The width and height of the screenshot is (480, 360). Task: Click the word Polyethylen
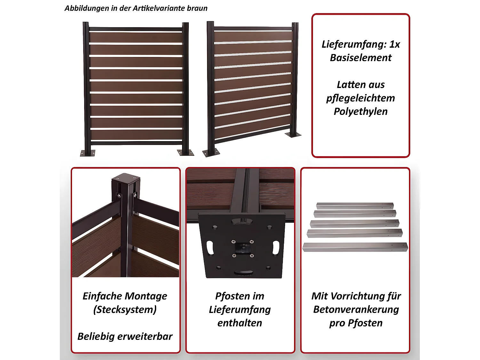pos(361,111)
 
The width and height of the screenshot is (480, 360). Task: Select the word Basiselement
pos(361,58)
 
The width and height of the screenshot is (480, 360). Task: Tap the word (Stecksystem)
pos(125,309)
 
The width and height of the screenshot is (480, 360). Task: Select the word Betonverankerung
pos(356,309)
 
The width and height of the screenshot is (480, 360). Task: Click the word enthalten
pos(240,323)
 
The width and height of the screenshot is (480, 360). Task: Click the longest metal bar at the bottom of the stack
pos(355,247)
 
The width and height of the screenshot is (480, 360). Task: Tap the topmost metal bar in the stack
pos(355,205)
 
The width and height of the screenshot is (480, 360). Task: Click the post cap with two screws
pos(126,178)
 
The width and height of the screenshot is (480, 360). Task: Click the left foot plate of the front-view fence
pos(88,153)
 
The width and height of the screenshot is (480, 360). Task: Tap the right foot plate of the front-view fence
pos(186,152)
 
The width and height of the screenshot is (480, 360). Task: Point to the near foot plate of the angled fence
pos(211,153)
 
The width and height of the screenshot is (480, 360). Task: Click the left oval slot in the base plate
pos(210,248)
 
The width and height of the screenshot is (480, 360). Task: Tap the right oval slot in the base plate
pos(276,248)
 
